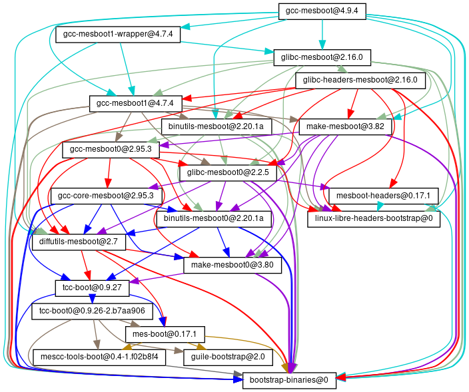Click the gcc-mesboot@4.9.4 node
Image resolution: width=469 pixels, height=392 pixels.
tap(322, 11)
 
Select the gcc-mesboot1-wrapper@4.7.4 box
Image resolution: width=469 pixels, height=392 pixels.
tap(118, 35)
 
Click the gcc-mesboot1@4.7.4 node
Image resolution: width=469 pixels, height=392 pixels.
tap(135, 104)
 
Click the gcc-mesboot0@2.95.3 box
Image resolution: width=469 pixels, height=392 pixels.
tap(111, 150)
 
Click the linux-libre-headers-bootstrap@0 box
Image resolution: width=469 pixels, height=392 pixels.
tap(373, 218)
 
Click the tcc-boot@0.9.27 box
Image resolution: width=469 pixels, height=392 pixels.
tap(87, 288)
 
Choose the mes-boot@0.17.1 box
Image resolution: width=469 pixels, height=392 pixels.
tap(165, 333)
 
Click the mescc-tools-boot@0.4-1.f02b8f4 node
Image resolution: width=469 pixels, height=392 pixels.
tap(99, 357)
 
